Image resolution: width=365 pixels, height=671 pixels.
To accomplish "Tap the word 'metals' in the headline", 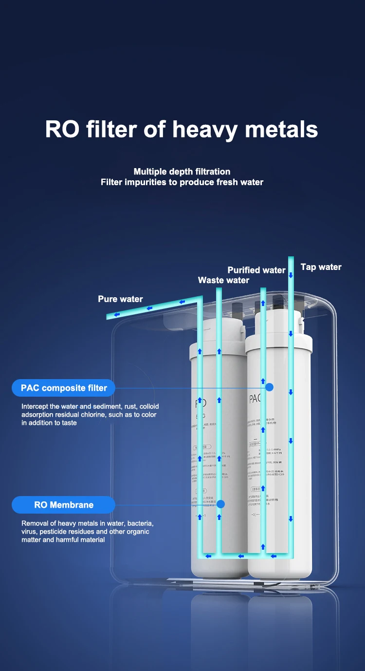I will coord(282,129).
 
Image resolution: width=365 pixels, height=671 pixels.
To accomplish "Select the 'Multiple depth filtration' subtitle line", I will coord(182,172).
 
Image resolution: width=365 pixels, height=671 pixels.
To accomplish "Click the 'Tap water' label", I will coord(321,267).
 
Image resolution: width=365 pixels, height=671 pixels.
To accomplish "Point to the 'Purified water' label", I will coord(256,270).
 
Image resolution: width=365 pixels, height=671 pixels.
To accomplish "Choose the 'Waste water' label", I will coord(223,280).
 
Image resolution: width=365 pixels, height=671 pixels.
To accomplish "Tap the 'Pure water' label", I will coord(120,299).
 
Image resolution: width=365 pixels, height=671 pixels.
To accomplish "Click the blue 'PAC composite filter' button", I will coord(64,388).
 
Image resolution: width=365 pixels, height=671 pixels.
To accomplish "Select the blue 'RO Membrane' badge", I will coord(64,505).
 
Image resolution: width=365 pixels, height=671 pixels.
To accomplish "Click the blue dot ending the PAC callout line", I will coord(270,387).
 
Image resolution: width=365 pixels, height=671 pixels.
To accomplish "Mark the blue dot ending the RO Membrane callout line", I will coord(220,504).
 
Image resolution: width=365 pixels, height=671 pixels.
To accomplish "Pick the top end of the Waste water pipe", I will coord(219,290).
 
